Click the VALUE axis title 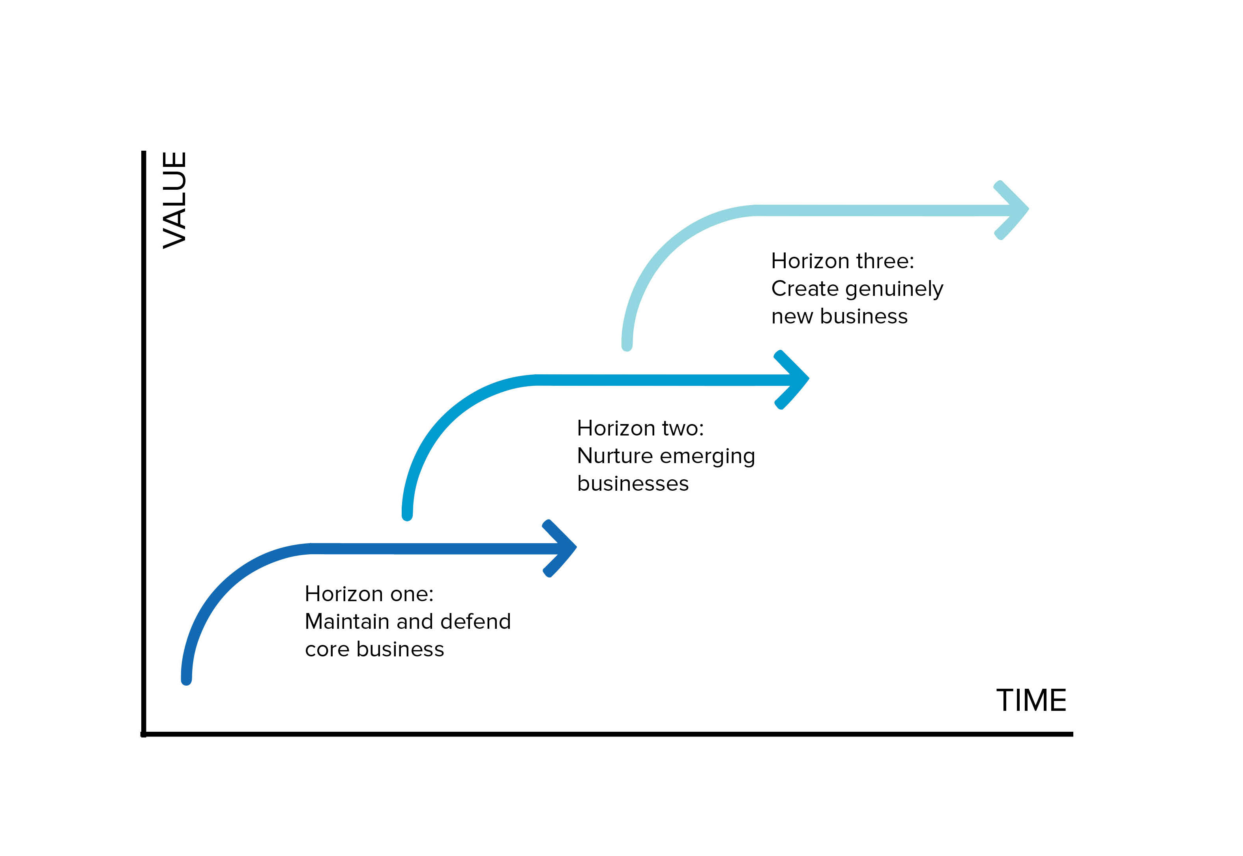click(x=175, y=200)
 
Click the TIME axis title click(x=1031, y=701)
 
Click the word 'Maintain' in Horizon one click(x=346, y=622)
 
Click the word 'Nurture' click(x=615, y=456)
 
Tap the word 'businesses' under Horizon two click(x=633, y=484)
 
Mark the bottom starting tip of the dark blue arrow click(x=187, y=680)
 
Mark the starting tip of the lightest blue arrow click(x=627, y=346)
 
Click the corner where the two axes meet click(x=144, y=734)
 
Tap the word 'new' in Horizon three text click(x=792, y=317)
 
